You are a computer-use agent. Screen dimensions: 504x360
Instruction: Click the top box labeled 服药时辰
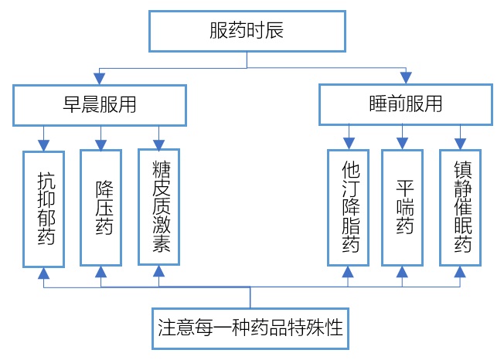pos(247,31)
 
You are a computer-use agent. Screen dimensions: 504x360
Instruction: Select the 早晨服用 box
pos(100,105)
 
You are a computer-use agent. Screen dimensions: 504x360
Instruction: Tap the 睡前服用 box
pos(406,104)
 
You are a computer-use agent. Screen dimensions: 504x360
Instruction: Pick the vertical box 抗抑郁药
pos(44,209)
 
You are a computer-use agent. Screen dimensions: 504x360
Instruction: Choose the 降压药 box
pos(101,208)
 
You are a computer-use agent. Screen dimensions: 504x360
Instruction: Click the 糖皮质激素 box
pos(158,207)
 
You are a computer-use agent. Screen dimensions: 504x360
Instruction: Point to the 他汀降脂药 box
pos(348,208)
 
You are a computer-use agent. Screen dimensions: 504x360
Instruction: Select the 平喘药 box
pos(402,208)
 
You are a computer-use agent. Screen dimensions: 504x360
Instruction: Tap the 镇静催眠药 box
pos(460,208)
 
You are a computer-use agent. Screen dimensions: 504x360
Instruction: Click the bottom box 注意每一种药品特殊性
pos(250,328)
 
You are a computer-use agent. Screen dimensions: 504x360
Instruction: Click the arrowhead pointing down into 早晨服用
pos(99,79)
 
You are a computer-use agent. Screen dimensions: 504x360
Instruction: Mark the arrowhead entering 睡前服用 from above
pos(406,78)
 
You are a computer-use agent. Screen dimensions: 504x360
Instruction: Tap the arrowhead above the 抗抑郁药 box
pos(44,145)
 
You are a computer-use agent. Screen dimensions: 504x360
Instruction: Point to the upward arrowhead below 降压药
pos(101,272)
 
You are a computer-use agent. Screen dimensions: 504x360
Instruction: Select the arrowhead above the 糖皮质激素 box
pos(158,145)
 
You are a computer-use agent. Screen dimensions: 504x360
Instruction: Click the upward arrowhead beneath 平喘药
pos(402,272)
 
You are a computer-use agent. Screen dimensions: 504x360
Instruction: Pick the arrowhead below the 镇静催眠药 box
pos(460,272)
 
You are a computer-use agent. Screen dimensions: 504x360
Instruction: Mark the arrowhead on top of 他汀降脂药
pos(349,143)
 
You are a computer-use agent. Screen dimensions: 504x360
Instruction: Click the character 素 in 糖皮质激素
pos(162,243)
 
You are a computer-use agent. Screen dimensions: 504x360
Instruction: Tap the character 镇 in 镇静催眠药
pos(463,170)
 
